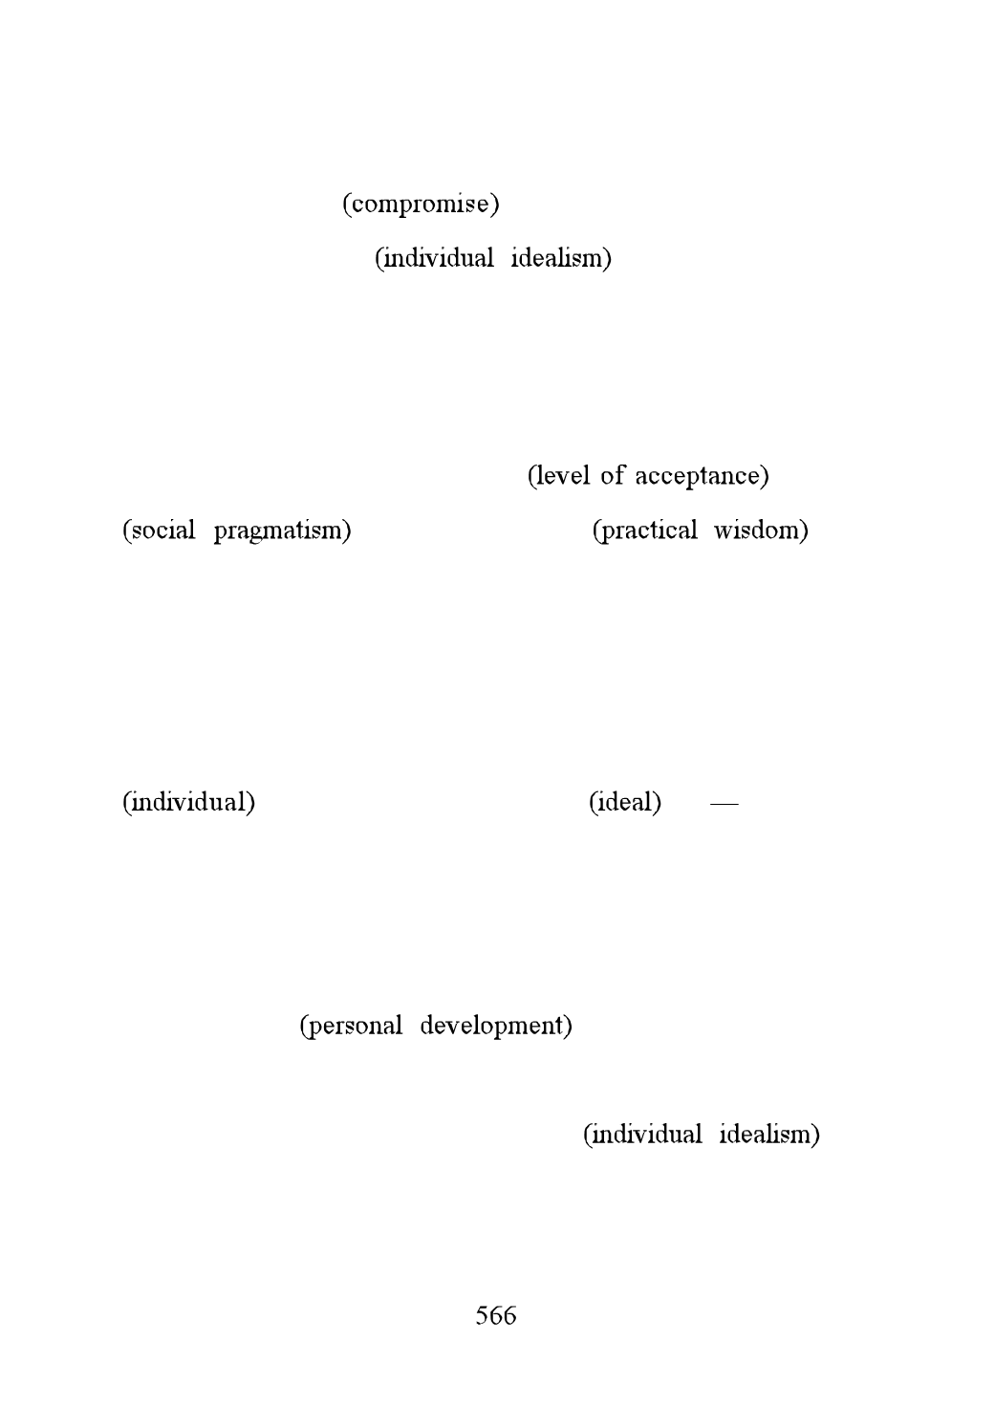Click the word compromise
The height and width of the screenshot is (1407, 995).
coord(421,205)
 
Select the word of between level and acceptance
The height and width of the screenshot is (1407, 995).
coord(613,475)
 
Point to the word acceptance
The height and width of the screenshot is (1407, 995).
coord(698,477)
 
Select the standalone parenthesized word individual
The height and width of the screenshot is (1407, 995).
coord(189,802)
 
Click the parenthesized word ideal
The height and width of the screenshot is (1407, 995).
coord(625,802)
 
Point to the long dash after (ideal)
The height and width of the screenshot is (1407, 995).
coord(725,803)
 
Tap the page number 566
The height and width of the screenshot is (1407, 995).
coord(496,1315)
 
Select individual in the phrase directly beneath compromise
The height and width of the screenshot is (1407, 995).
coord(439,258)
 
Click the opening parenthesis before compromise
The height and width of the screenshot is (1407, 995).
coord(346,205)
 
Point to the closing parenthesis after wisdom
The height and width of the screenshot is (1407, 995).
coord(804,530)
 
